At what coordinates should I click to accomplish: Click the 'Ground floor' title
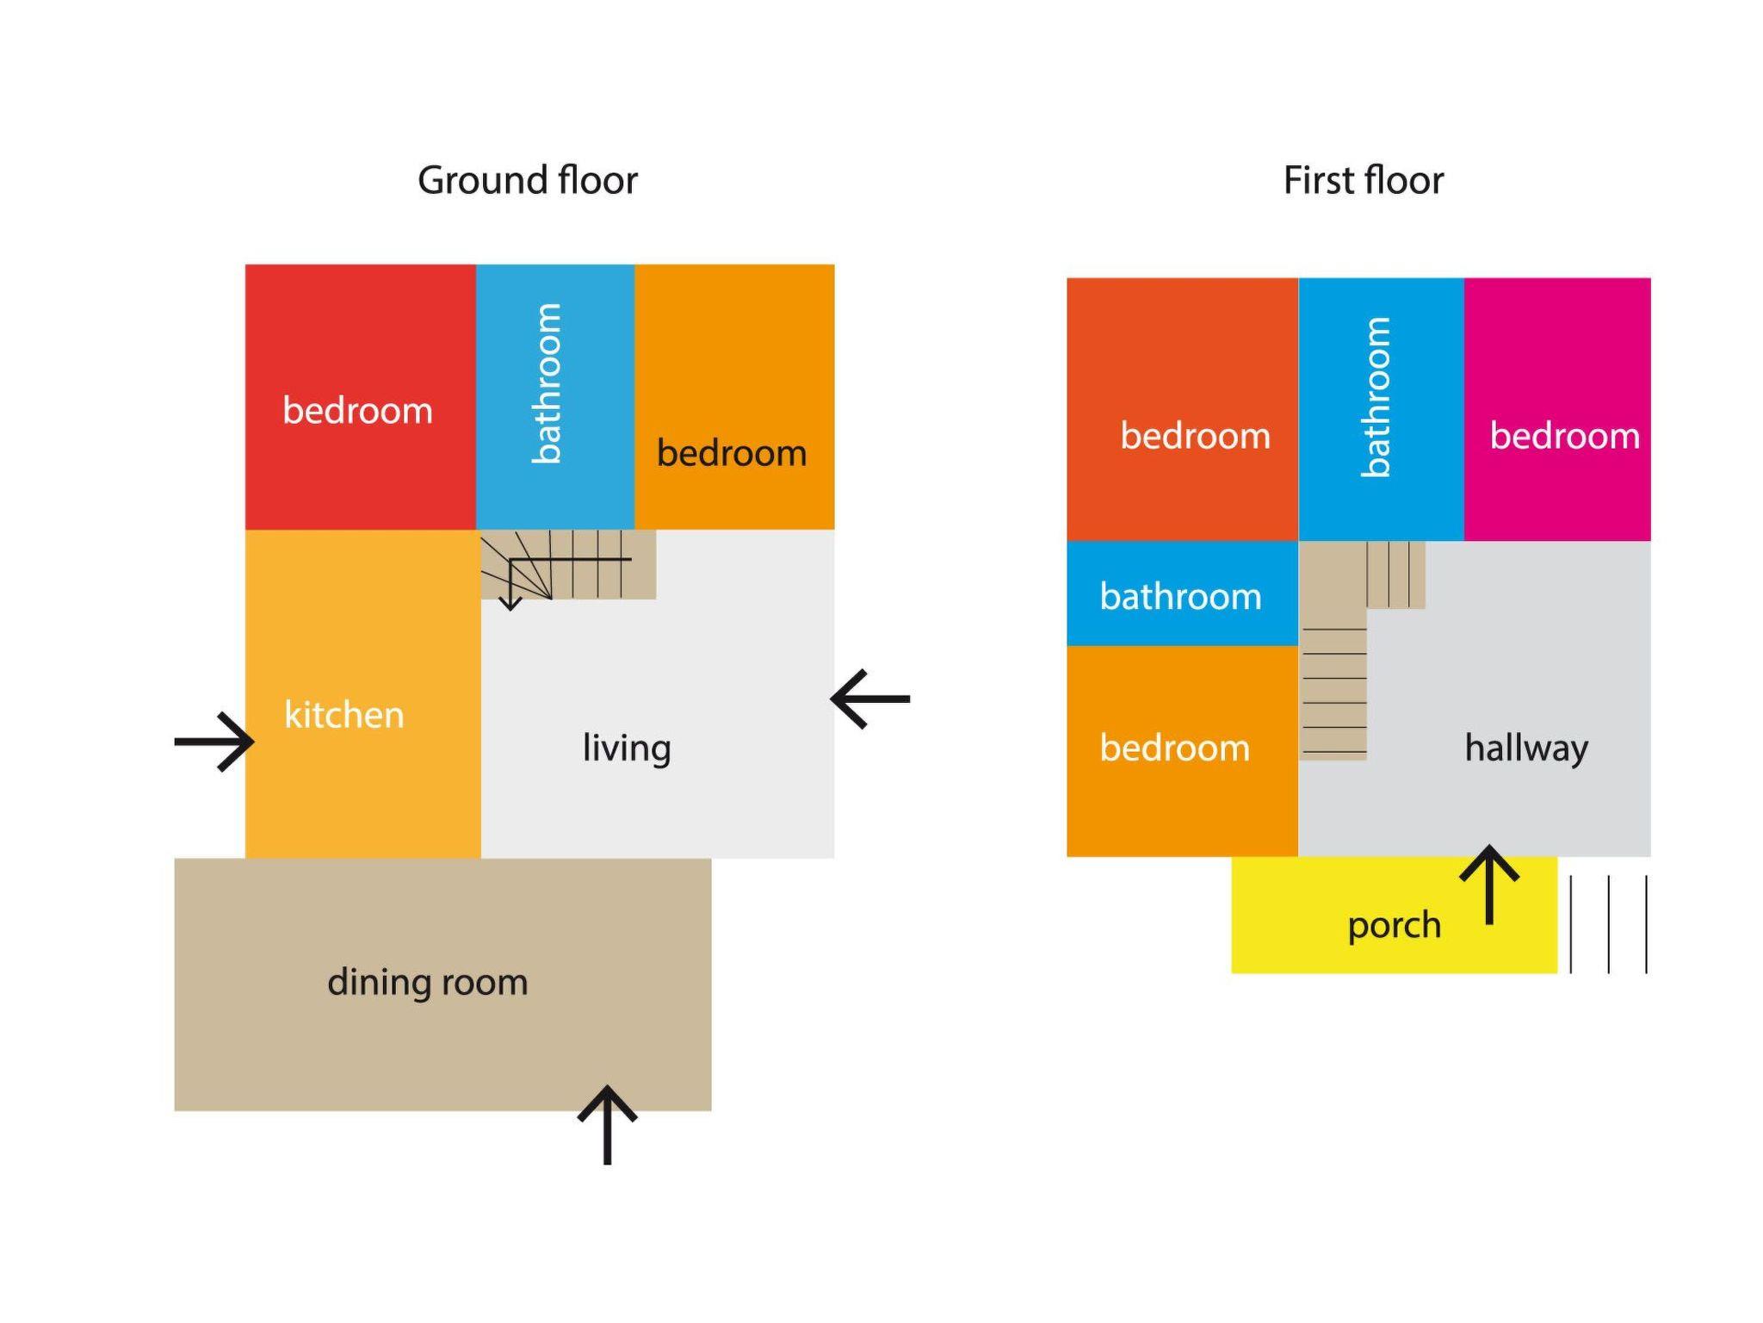[x=527, y=181]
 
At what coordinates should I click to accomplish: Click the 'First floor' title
[x=1363, y=181]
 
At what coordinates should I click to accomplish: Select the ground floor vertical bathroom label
[x=547, y=384]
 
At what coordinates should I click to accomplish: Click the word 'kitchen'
[x=343, y=715]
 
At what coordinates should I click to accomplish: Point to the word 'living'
[x=626, y=748]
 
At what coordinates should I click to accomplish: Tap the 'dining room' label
[x=427, y=982]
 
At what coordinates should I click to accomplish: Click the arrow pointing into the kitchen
[x=215, y=742]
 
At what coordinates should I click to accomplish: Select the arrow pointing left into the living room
[x=869, y=699]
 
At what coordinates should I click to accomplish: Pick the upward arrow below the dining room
[x=607, y=1123]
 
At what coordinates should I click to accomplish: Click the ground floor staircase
[x=568, y=564]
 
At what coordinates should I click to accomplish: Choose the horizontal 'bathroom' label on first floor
[x=1180, y=596]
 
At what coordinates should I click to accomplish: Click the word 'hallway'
[x=1525, y=748]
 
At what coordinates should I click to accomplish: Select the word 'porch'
[x=1394, y=925]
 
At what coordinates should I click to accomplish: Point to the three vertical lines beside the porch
[x=1608, y=924]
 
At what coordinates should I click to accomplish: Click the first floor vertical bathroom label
[x=1376, y=397]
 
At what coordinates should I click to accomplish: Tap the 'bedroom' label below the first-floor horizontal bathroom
[x=1174, y=748]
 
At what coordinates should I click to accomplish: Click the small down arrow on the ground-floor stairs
[x=510, y=594]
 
